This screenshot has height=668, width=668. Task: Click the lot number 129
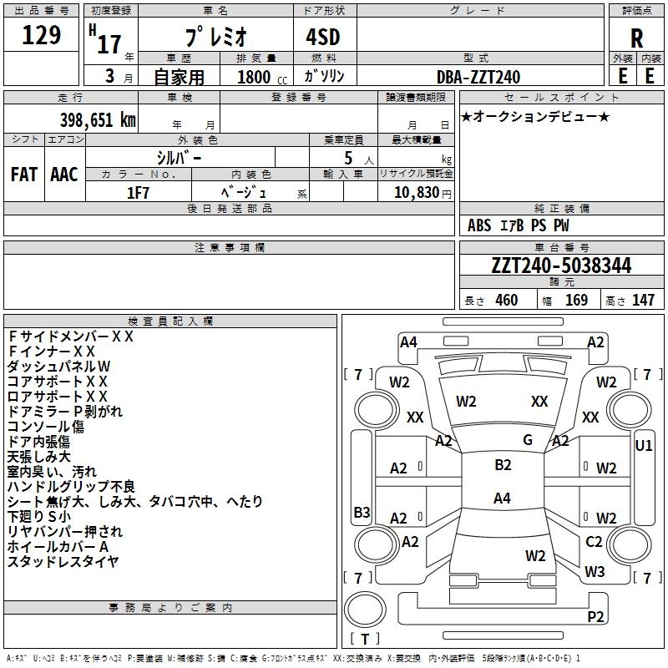click(x=41, y=36)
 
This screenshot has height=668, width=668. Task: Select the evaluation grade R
click(x=636, y=38)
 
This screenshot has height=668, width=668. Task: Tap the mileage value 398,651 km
click(x=98, y=119)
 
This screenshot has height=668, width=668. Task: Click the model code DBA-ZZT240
click(x=478, y=77)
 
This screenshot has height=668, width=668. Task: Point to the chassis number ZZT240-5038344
click(x=561, y=266)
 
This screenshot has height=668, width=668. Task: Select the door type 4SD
click(x=325, y=37)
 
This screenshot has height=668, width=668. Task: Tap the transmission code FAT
click(x=24, y=175)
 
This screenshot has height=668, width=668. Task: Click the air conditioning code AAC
click(x=64, y=175)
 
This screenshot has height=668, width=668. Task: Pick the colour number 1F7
click(x=138, y=192)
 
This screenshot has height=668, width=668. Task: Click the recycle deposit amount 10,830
click(x=416, y=192)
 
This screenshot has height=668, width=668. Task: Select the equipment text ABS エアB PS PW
click(x=519, y=225)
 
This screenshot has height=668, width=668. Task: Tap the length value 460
click(x=506, y=301)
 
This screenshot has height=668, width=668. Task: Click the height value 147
click(x=643, y=301)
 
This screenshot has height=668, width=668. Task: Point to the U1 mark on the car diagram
click(x=644, y=446)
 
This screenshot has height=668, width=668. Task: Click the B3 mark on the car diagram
click(x=362, y=512)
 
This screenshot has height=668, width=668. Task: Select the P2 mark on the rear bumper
click(x=595, y=617)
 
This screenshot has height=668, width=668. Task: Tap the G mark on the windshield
click(x=528, y=440)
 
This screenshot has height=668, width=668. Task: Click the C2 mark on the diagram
click(x=594, y=542)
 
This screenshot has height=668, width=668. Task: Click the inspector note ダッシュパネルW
click(x=59, y=367)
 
